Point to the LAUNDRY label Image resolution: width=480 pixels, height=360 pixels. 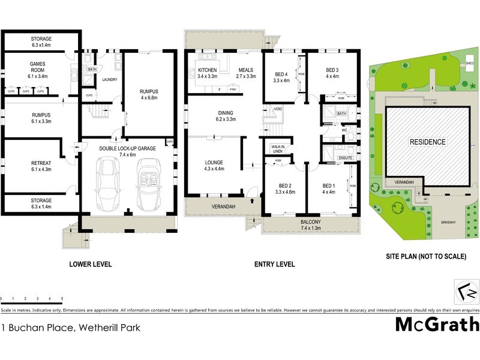(x=109, y=79)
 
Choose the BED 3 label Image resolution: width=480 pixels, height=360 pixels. (x=332, y=71)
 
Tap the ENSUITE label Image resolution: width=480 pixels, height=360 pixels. (x=345, y=157)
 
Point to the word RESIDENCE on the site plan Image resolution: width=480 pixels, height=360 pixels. (x=428, y=142)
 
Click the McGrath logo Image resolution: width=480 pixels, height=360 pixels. (x=437, y=325)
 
